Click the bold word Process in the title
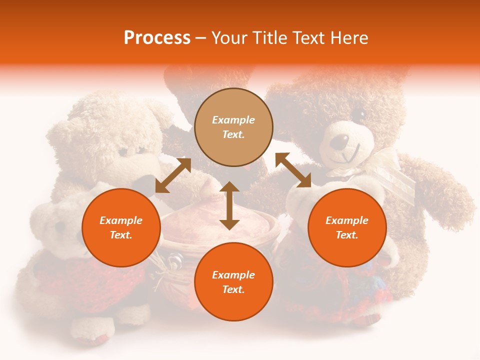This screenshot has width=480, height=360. click(x=157, y=38)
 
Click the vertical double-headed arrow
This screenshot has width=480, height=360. click(x=229, y=205)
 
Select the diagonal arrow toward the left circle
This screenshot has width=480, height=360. click(x=173, y=175)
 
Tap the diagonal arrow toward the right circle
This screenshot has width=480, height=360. click(x=293, y=170)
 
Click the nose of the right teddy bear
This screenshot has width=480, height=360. click(x=340, y=142)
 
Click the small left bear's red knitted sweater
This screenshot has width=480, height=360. click(x=60, y=280)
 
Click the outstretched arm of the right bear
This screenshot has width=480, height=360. click(x=440, y=190)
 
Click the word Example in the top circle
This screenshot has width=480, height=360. click(x=233, y=120)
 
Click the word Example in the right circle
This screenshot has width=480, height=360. click(x=347, y=220)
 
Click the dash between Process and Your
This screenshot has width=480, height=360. click(x=201, y=38)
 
